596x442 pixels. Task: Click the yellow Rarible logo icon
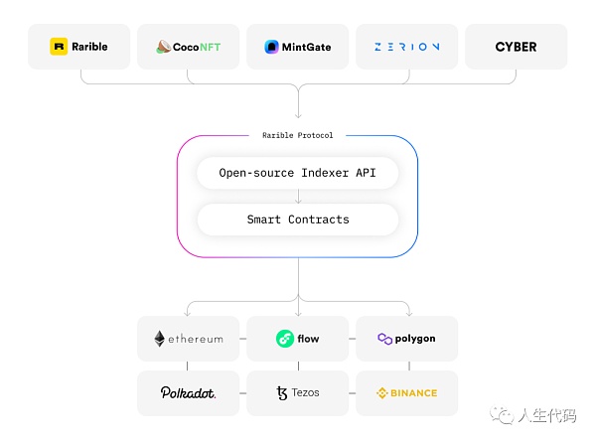point(58,46)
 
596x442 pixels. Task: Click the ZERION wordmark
point(407,46)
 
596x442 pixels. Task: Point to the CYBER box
point(516,46)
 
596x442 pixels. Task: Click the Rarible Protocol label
point(298,135)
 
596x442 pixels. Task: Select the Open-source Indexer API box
point(298,173)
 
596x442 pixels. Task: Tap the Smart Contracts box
point(298,220)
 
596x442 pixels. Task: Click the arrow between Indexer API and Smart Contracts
point(298,197)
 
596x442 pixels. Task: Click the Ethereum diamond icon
point(159,339)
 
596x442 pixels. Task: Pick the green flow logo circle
point(284,339)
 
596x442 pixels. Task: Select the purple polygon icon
point(384,339)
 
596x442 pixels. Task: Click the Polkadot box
point(189,392)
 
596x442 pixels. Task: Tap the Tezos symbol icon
point(282,392)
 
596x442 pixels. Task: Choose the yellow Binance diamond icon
point(382,392)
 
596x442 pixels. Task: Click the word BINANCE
point(413,392)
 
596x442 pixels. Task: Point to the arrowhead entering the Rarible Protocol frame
point(298,115)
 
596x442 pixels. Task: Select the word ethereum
point(196,339)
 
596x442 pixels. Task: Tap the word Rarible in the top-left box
point(89,46)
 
